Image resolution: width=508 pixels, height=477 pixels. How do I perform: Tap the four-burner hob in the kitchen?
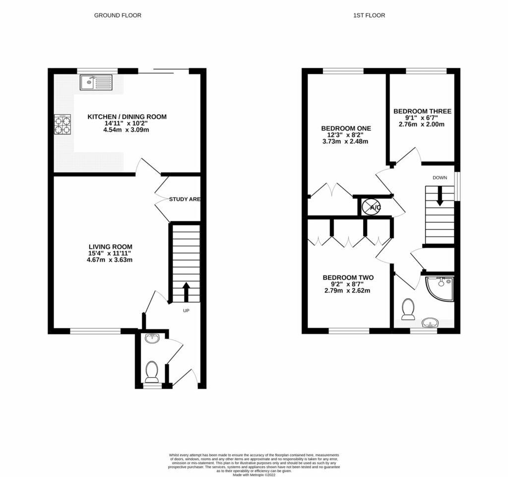tap(63, 124)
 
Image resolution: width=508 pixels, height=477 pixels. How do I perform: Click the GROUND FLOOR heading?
tap(118, 15)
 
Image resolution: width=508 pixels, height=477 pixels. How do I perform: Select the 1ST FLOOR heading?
tap(369, 15)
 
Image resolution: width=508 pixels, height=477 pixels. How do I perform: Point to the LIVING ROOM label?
tap(111, 247)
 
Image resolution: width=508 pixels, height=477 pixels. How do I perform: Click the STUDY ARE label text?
tap(185, 199)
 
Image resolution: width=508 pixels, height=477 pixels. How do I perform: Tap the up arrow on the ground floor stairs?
tap(187, 292)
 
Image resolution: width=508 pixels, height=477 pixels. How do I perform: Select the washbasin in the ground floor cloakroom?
tap(152, 339)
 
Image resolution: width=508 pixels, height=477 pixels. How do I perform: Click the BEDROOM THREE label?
tap(422, 111)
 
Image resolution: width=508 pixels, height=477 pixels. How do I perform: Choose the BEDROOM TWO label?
tap(348, 277)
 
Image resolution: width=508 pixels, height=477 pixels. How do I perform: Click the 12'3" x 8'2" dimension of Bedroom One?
tap(346, 135)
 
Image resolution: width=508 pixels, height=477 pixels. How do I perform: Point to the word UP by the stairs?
tap(187, 311)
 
